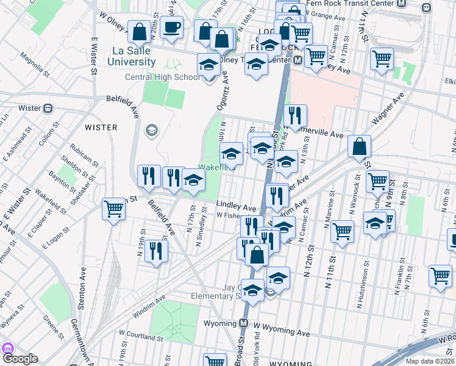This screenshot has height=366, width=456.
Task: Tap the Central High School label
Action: click(162, 77)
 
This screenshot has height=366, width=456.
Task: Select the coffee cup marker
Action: click(172, 27)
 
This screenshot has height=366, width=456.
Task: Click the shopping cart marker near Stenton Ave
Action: click(113, 209)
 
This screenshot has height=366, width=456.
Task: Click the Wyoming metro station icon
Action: click(243, 323)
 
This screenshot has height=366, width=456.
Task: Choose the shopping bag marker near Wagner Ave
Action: click(360, 146)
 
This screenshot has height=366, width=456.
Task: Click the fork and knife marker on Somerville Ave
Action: click(295, 115)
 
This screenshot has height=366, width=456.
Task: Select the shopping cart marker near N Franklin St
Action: click(440, 275)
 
